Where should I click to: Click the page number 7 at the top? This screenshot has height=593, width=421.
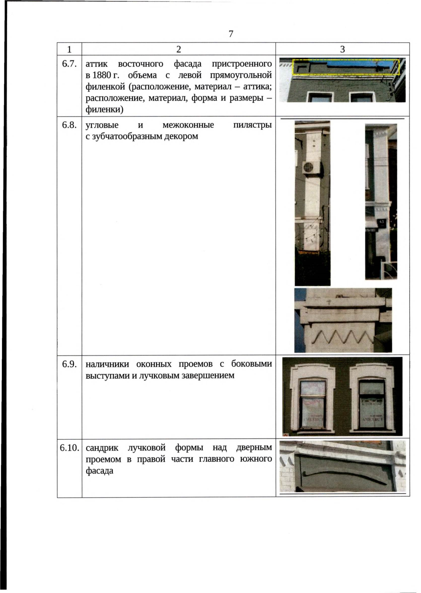230,34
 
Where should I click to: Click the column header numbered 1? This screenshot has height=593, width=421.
69,49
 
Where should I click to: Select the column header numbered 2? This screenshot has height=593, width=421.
179,49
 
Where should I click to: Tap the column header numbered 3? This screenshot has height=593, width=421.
342,49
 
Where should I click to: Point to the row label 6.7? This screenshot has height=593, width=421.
69,64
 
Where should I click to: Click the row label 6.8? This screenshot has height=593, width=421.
69,125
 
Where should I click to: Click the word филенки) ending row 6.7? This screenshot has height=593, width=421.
104,110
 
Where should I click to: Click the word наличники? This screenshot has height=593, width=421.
107,364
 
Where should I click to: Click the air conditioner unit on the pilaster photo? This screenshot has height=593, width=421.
312,167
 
